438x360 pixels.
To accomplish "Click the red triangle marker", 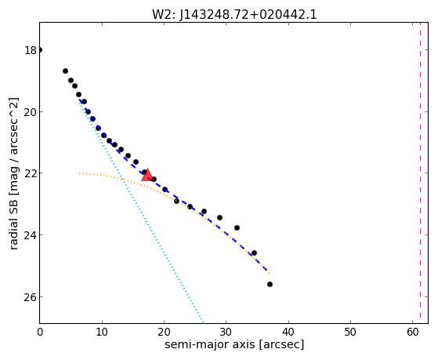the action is (x=147, y=175).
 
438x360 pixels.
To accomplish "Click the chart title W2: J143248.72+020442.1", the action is (x=234, y=15).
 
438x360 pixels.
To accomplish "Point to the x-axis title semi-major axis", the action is (x=210, y=344).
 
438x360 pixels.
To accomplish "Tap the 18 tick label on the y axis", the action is (x=31, y=51).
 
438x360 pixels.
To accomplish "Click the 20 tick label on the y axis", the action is (x=31, y=112).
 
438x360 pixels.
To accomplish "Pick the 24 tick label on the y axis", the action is (x=31, y=235).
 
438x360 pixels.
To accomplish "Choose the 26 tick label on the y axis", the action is (x=31, y=296).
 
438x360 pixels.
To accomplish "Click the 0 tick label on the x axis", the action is (x=40, y=332).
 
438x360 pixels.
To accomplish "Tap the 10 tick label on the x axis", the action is (x=102, y=332).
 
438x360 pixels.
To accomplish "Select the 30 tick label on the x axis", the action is (x=226, y=332).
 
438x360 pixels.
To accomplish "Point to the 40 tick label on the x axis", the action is (x=288, y=332).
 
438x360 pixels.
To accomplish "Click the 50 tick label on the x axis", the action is (x=350, y=332).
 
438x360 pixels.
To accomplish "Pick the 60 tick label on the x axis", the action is (x=412, y=332).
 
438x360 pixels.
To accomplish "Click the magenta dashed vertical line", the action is (x=420, y=173).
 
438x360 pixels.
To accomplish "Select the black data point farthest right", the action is (x=270, y=285).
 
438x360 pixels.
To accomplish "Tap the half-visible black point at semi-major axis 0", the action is (x=41, y=50).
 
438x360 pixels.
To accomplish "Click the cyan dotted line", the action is (x=141, y=212).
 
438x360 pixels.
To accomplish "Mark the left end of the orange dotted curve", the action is (x=79, y=173).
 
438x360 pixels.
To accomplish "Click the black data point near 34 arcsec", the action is (x=254, y=253).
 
